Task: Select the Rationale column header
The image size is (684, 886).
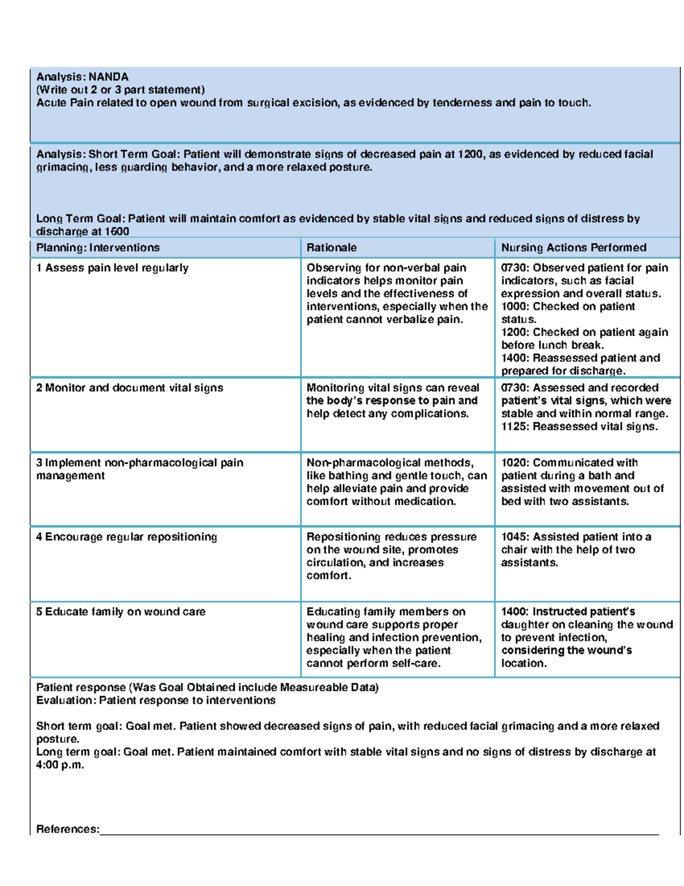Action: (x=331, y=248)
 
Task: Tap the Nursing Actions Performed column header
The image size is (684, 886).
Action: (x=573, y=248)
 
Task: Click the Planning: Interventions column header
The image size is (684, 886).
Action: (x=97, y=248)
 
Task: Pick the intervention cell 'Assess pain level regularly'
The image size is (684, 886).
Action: (x=112, y=268)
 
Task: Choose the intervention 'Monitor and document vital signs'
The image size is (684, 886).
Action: (x=129, y=388)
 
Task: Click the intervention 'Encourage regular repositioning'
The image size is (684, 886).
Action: (x=127, y=537)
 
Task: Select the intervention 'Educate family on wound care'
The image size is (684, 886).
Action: (x=121, y=612)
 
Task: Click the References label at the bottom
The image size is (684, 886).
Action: (x=67, y=829)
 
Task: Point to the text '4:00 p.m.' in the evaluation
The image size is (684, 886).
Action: (x=60, y=765)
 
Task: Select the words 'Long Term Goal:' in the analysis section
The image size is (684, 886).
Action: (x=80, y=219)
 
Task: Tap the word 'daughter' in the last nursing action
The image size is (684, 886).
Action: (x=523, y=625)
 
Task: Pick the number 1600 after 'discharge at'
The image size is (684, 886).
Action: (x=117, y=232)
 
